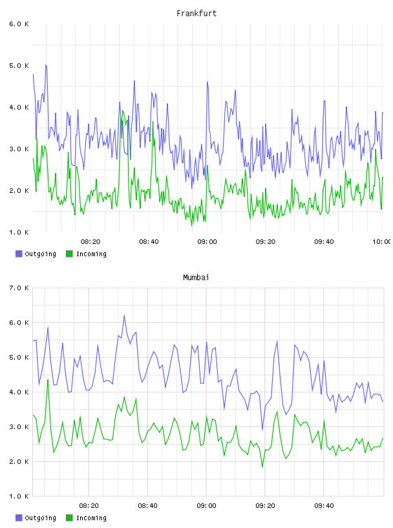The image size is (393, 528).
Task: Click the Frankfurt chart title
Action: tap(197, 14)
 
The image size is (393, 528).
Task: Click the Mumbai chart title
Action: tap(196, 278)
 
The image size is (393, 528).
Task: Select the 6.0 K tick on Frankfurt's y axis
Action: tap(19, 24)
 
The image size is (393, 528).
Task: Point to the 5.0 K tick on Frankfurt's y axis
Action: tap(19, 65)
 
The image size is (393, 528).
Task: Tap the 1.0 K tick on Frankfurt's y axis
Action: tap(19, 232)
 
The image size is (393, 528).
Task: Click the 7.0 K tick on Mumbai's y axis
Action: tap(19, 288)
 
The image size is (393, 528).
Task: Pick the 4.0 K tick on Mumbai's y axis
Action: tap(19, 392)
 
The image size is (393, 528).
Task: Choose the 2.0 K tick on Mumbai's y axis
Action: tap(19, 461)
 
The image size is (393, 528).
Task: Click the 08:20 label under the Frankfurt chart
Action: tap(90, 242)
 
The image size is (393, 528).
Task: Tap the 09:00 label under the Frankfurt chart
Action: tap(207, 242)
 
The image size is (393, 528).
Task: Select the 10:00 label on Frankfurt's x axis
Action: tap(382, 242)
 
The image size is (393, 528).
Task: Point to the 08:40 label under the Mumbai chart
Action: tap(148, 506)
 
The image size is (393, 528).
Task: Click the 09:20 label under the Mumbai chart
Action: tap(265, 506)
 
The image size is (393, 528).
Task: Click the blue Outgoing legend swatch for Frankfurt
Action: tap(19, 254)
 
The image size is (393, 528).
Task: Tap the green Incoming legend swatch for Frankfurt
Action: tap(69, 254)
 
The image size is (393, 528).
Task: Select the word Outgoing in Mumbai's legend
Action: tap(40, 518)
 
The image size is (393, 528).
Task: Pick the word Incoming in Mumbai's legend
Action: tap(91, 518)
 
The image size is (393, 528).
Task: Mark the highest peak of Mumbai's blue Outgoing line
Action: tap(124, 315)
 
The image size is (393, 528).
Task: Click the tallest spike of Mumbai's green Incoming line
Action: tap(48, 380)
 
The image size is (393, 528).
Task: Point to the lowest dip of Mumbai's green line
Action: tap(262, 467)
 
